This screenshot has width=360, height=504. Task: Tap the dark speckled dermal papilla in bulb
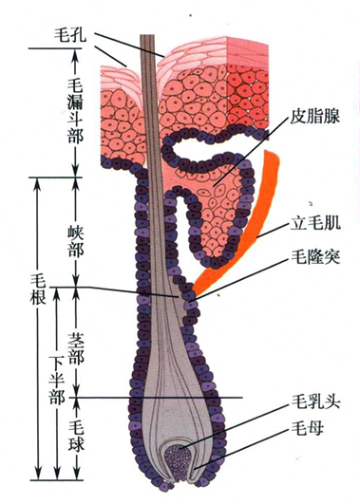click(178, 459)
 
